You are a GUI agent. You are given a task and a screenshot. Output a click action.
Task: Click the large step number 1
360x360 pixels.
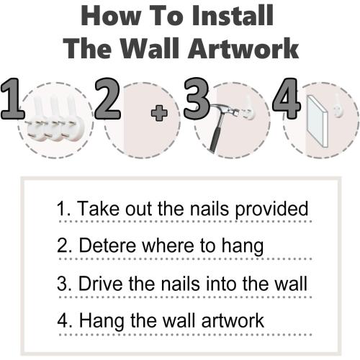click(12, 99)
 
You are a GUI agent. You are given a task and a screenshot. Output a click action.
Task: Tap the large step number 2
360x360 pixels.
click(107, 99)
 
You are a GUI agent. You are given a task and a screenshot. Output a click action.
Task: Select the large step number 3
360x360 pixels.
click(197, 99)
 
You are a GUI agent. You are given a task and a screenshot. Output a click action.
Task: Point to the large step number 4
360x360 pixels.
click(287, 99)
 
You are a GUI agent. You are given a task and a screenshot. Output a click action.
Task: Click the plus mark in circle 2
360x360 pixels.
click(159, 113)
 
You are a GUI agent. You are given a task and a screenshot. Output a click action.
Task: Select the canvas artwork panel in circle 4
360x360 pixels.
click(318, 121)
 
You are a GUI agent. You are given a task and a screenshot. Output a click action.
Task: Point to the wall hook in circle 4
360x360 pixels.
click(338, 106)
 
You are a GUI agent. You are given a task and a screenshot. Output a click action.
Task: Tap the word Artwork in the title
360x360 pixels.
click(243, 48)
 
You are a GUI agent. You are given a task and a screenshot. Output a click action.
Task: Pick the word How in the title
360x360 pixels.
click(111, 16)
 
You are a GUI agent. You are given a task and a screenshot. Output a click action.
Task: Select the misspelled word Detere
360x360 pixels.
click(107, 246)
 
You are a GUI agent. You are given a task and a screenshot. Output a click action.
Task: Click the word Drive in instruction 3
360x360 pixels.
click(102, 284)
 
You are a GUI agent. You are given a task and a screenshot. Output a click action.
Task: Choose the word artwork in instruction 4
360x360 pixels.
click(233, 320)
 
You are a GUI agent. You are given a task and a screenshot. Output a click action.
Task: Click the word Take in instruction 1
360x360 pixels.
click(98, 208)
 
